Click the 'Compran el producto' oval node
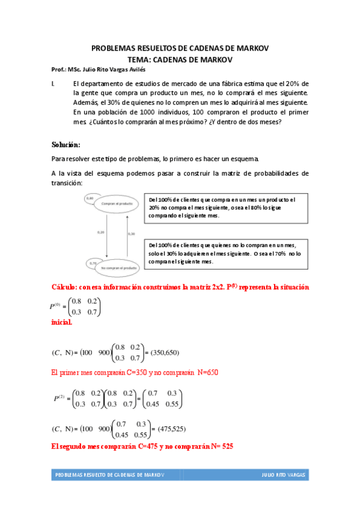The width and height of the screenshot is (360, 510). [x=117, y=204]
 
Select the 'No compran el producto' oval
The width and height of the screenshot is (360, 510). [x=118, y=267]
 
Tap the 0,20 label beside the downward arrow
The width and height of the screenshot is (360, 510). [x=101, y=232]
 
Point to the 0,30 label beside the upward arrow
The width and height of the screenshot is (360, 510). [x=131, y=233]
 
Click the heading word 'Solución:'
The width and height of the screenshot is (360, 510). [x=66, y=145]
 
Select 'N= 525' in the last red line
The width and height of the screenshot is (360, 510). [x=219, y=447]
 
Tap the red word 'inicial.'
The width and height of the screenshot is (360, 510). [x=62, y=322]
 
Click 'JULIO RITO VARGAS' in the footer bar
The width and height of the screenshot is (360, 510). [x=284, y=475]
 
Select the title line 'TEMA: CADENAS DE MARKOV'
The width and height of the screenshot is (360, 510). [x=180, y=60]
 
